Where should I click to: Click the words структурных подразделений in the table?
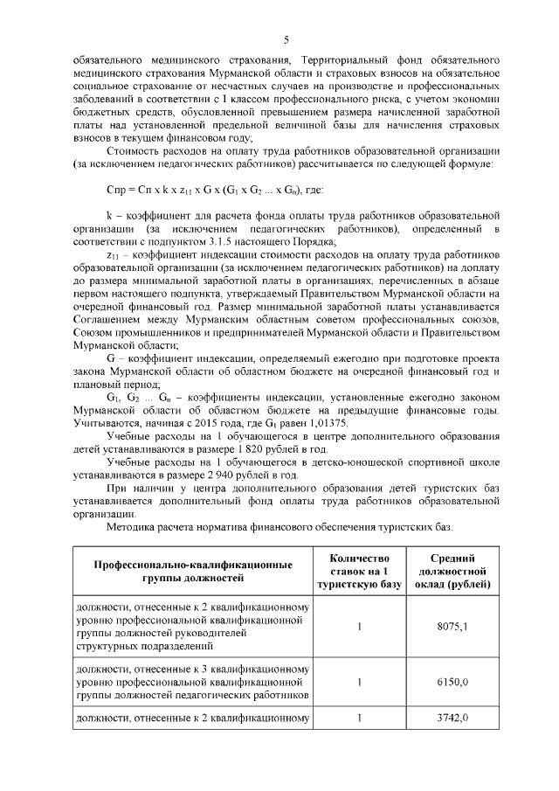click(x=146, y=647)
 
